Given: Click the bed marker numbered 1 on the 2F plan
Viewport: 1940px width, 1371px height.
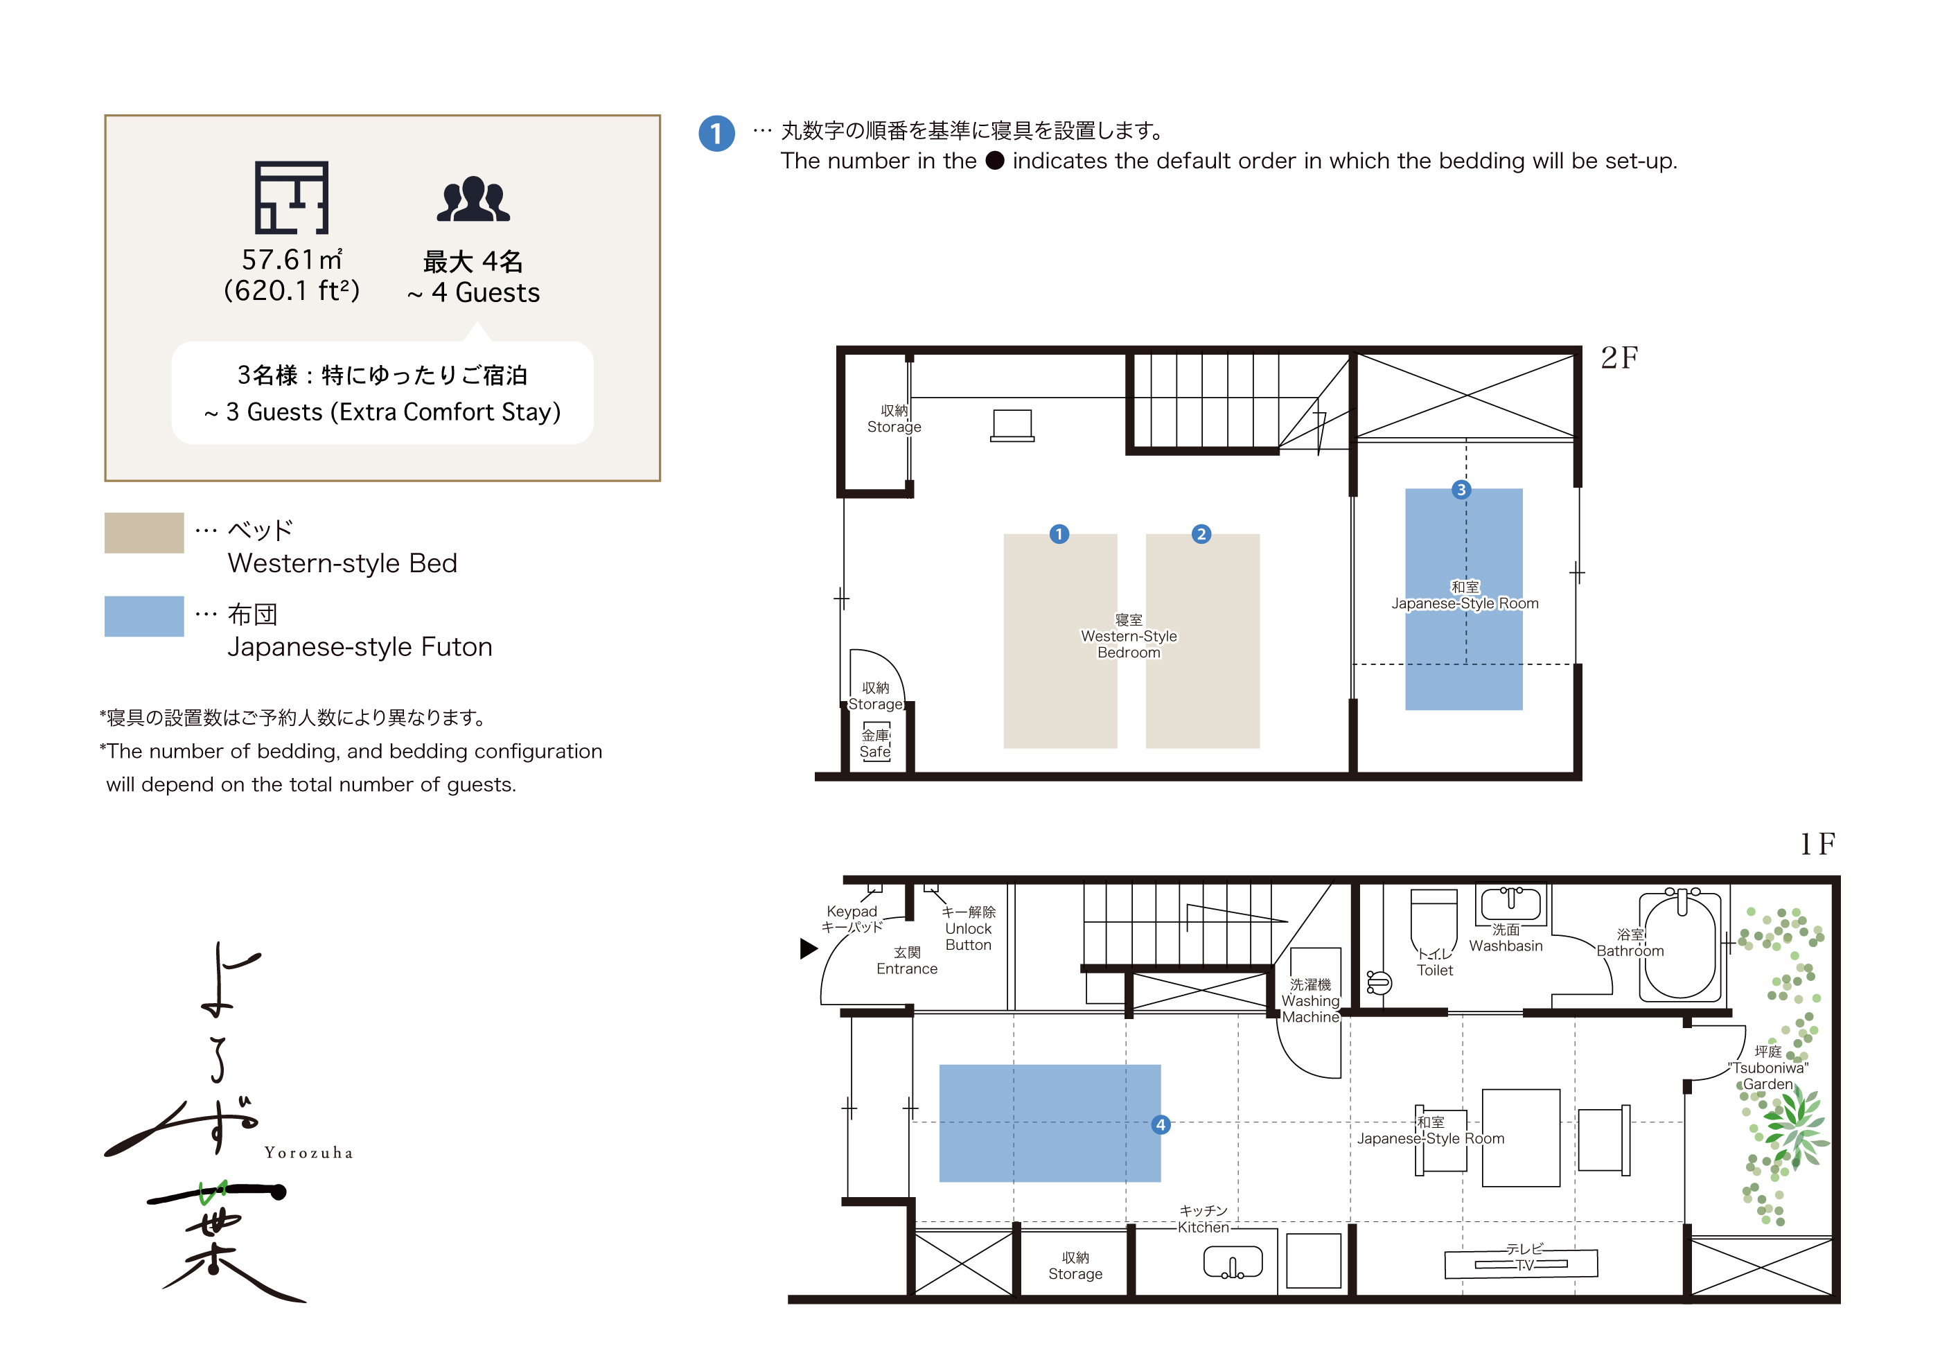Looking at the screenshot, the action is [1059, 534].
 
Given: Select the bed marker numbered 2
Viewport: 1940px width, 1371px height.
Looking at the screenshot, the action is [1201, 534].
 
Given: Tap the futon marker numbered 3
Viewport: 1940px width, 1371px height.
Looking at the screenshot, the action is [1461, 489].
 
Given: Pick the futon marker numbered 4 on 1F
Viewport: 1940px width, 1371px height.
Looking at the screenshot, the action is [1161, 1124].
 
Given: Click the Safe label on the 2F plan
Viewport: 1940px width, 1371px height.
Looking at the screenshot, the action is [874, 752].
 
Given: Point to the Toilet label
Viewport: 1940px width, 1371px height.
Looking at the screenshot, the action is [1435, 971].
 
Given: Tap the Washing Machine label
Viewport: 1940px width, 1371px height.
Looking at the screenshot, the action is [1310, 1009].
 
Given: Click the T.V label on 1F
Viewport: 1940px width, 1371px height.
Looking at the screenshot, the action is [1524, 1264].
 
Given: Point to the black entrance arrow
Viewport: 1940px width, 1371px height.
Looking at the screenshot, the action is [809, 948].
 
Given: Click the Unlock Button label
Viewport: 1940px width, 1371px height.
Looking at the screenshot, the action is [969, 937].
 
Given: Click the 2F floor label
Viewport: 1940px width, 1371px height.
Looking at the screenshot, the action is [1619, 358].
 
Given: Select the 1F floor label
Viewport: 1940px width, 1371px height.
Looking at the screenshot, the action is [1817, 843].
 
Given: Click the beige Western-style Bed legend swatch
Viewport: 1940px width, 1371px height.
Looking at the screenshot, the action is [143, 533].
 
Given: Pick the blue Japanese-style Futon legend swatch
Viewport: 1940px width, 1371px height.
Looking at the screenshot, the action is [143, 617].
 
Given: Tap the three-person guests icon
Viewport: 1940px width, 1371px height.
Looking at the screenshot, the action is [473, 200].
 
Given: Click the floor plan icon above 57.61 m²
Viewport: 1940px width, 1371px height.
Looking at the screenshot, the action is [292, 197].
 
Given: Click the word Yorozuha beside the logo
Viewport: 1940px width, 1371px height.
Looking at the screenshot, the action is [308, 1153].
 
